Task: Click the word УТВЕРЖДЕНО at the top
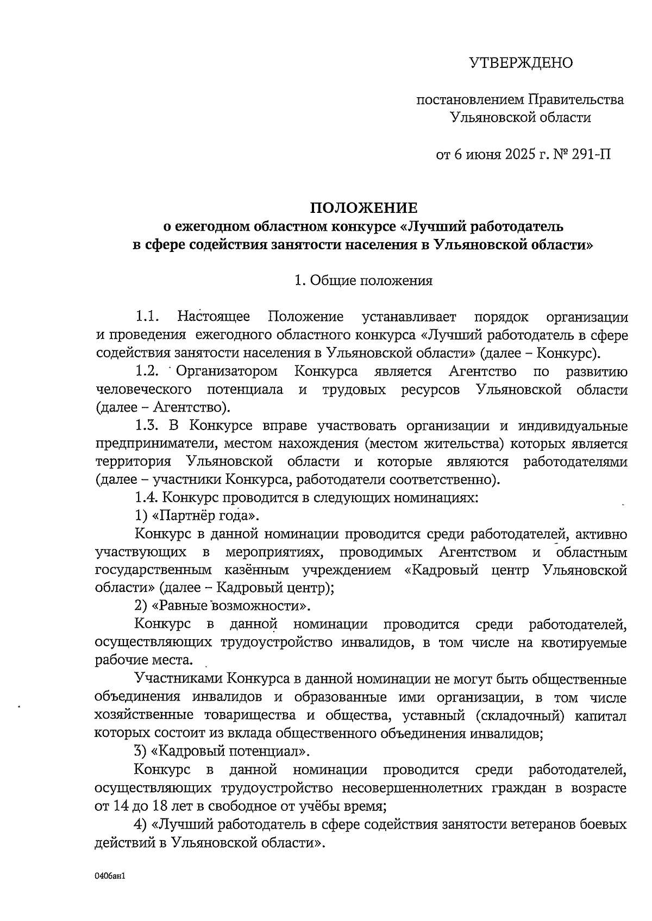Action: coord(521,64)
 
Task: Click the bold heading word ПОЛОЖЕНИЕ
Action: coord(363,208)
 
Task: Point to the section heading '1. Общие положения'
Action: coord(363,281)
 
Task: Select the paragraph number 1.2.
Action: coord(147,372)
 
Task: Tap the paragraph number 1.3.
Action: coord(147,426)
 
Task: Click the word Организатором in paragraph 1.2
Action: coord(227,372)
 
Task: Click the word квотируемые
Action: coord(584,643)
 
